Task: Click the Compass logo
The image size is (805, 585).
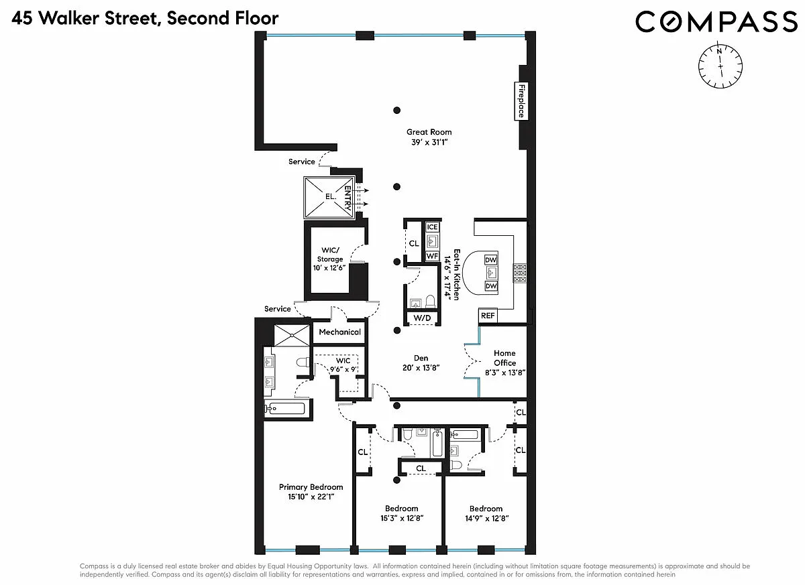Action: coord(716,21)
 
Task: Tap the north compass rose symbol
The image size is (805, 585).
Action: coord(720,66)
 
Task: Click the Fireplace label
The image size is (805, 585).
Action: coord(521,101)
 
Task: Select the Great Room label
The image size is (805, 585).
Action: coord(429,132)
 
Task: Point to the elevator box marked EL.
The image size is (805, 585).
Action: coord(329,198)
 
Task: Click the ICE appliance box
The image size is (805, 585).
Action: coord(432,226)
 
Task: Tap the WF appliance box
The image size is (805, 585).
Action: coord(432,256)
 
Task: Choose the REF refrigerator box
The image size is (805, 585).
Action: coord(488,316)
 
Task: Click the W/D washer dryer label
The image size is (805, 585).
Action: coord(422,318)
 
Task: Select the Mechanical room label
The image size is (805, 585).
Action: coord(339,332)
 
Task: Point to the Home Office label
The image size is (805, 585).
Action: coord(504,358)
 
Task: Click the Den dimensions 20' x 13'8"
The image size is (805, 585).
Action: coord(421,368)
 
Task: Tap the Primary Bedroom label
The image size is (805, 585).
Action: coord(311,487)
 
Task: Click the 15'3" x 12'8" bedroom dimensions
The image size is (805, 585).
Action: coord(402,518)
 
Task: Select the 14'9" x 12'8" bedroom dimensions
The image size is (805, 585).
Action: coord(486,518)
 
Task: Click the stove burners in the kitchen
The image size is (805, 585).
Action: coord(520,273)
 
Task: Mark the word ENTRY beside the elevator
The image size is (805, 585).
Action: coord(347,198)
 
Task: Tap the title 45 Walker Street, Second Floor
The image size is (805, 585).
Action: coord(145,18)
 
